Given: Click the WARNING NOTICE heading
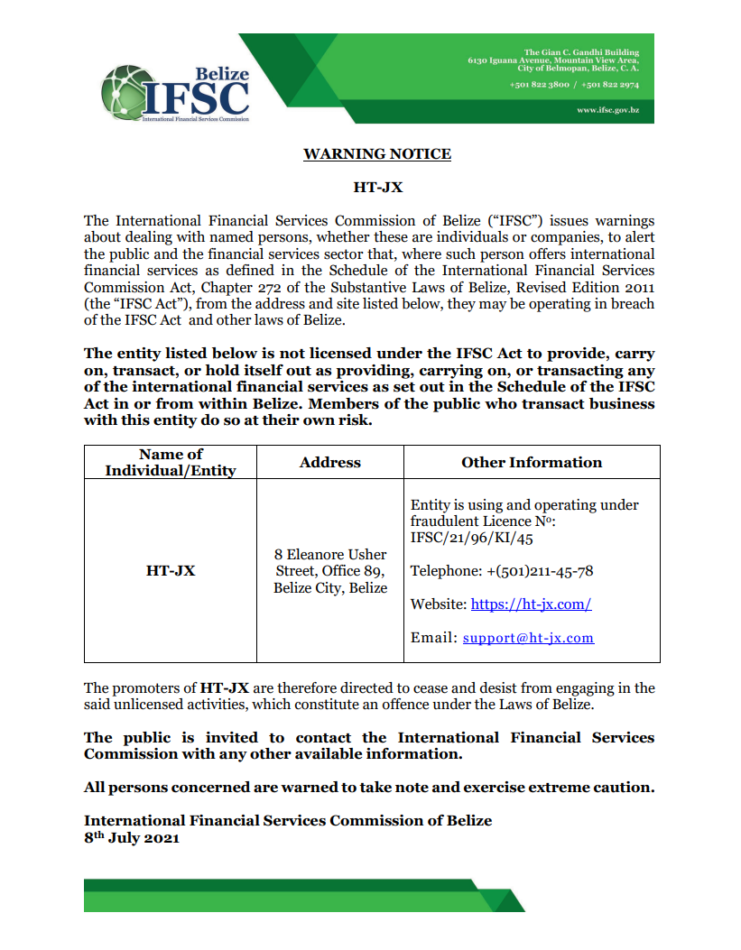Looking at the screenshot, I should tap(376, 153).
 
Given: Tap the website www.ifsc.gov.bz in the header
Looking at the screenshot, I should tap(607, 109).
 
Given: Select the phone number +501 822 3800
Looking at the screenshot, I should tap(539, 84).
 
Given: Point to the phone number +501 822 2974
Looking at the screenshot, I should tap(610, 84).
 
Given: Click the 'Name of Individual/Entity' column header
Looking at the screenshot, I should tap(171, 462).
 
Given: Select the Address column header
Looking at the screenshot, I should tap(329, 462).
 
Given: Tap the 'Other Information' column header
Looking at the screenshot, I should tap(531, 462).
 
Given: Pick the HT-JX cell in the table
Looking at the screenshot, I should tap(171, 570).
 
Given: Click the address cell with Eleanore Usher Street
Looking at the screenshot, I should tap(330, 571).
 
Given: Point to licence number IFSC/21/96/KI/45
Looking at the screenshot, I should tap(471, 539).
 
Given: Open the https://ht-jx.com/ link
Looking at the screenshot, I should tap(531, 604).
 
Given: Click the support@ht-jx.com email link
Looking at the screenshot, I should tap(528, 638).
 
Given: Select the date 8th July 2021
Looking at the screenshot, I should tap(132, 837).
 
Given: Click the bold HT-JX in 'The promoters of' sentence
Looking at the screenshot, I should tap(224, 688).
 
